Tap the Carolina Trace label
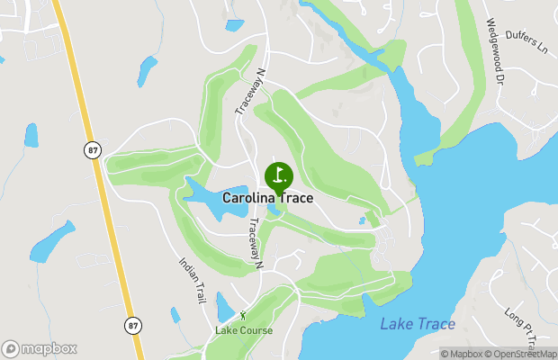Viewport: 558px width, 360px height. [x=268, y=198]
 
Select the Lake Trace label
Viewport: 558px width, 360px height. [x=418, y=324]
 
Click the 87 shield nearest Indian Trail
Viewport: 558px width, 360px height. [x=133, y=324]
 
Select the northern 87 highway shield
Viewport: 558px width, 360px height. [x=93, y=151]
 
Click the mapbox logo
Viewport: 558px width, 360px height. [x=40, y=348]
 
